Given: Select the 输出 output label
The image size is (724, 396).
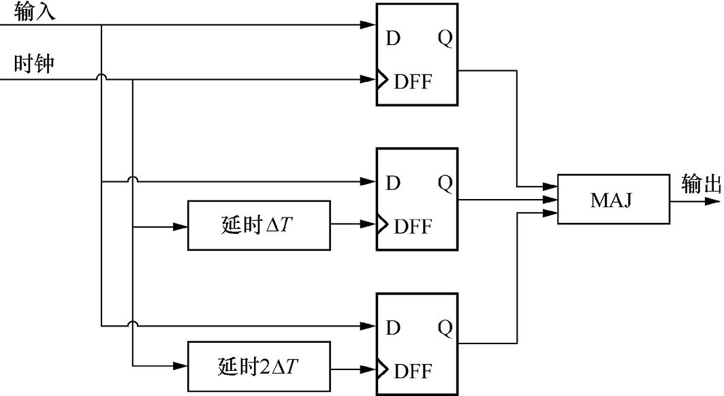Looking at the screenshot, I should click(701, 184).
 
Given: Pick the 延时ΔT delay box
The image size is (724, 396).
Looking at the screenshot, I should click(259, 226).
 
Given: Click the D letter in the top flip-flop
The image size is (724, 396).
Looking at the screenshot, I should click(393, 39).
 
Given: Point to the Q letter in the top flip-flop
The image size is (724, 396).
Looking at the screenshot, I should click(445, 39).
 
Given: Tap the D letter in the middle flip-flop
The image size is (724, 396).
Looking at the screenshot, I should click(393, 183).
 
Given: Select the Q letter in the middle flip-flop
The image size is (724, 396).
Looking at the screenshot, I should click(445, 183).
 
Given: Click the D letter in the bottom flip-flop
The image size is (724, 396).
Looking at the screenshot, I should click(393, 328).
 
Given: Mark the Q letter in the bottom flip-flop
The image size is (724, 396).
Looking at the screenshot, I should click(445, 328).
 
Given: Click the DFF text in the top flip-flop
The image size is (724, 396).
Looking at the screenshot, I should click(413, 82).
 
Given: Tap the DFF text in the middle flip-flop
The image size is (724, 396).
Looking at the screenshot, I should click(413, 226).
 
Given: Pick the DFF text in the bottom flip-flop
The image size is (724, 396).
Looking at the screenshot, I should click(413, 371).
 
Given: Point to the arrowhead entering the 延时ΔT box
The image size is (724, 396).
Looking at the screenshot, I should click(180, 226).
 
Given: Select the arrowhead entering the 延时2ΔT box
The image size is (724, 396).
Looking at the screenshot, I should click(180, 366).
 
